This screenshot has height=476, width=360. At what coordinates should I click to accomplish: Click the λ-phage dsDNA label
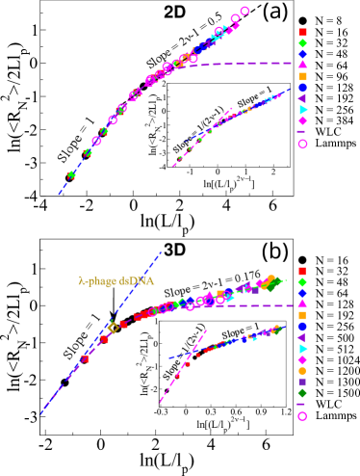click(116, 281)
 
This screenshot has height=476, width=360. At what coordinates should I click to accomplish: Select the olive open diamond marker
click(114, 328)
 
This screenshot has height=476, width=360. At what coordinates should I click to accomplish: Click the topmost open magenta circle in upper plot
click(244, 12)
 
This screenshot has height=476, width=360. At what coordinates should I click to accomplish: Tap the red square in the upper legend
click(302, 32)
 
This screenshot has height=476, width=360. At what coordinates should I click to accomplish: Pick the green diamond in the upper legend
click(302, 43)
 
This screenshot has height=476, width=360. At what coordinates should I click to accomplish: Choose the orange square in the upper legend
click(302, 76)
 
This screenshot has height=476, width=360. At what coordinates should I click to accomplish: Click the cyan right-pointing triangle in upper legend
click(302, 110)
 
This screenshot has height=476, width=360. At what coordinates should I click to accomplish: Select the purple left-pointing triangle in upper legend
click(302, 98)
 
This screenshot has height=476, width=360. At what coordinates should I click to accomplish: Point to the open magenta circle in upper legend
click(302, 144)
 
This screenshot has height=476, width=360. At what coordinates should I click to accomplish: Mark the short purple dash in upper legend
click(301, 132)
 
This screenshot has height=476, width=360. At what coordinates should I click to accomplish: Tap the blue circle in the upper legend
click(302, 88)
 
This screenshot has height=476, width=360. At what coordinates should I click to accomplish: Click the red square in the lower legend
click(302, 271)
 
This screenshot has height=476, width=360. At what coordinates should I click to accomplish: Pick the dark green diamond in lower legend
click(302, 392)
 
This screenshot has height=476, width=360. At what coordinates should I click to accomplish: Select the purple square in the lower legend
click(302, 382)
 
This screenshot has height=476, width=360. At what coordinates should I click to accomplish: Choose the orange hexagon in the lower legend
click(302, 370)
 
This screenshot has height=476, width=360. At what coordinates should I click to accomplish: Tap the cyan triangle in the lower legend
click(302, 348)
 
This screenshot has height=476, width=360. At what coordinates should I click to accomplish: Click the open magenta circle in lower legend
click(302, 415)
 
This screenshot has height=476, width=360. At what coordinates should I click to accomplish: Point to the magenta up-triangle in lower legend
click(302, 304)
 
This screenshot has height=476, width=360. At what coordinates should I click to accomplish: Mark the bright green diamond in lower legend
click(302, 281)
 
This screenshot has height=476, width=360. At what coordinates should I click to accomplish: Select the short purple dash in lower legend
click(301, 404)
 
